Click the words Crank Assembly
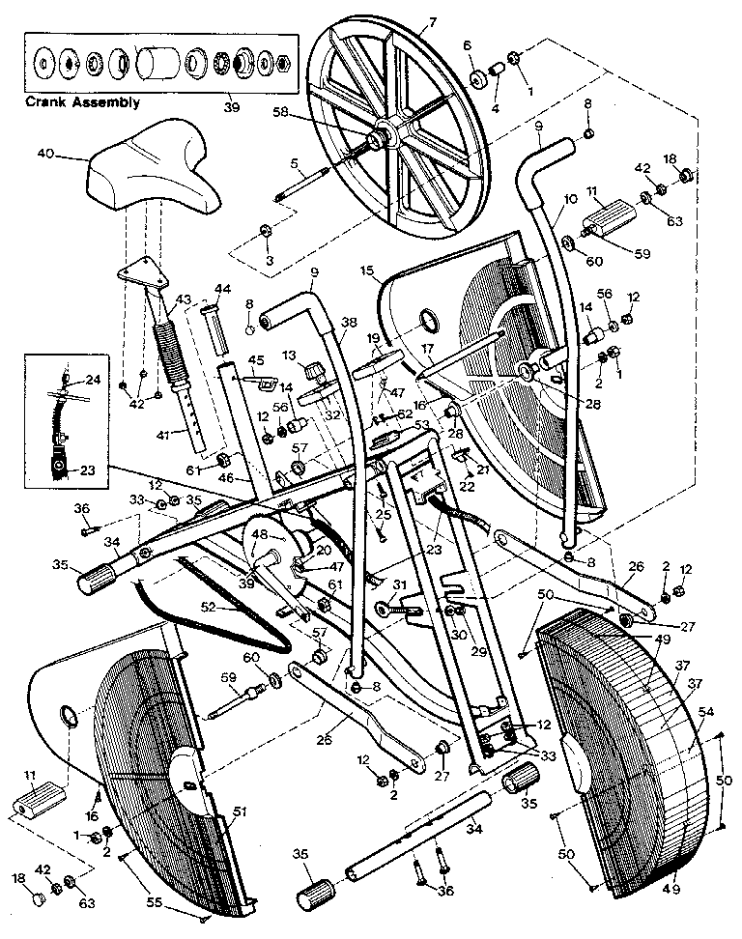[82, 101]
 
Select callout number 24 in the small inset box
[93, 380]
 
